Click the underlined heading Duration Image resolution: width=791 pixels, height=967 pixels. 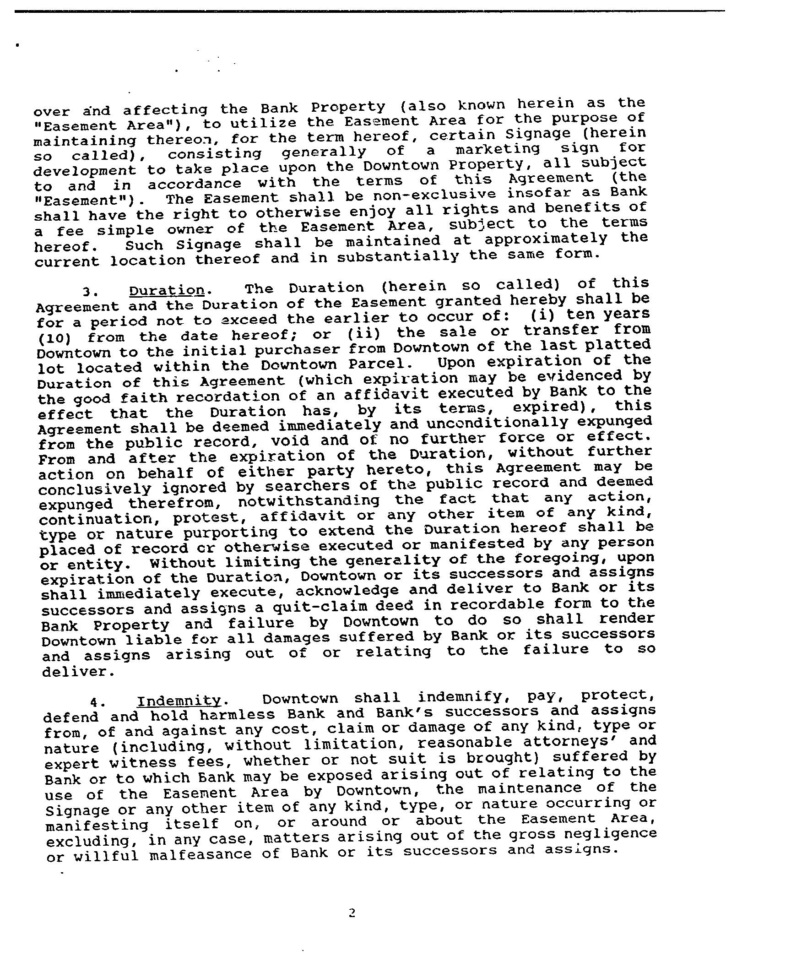click(x=167, y=291)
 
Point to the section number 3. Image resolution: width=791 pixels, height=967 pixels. click(x=87, y=292)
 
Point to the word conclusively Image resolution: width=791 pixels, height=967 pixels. click(x=94, y=489)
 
